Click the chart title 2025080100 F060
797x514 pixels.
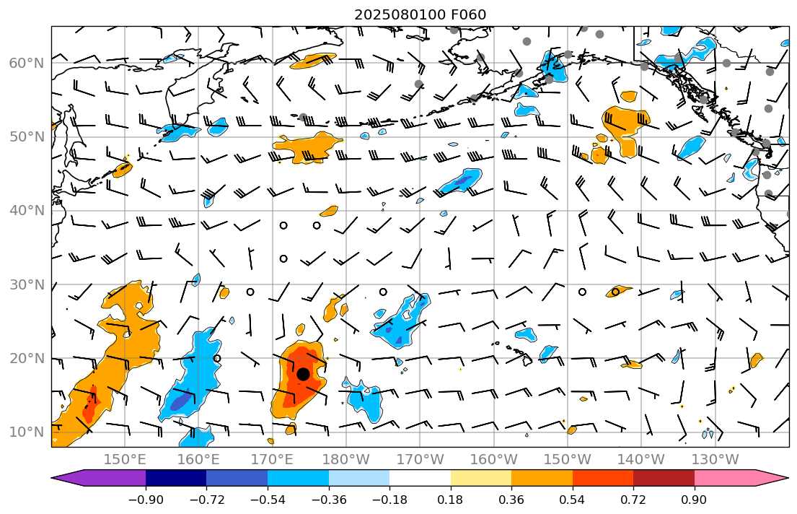[x=420, y=15]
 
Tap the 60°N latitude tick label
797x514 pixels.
[x=27, y=64]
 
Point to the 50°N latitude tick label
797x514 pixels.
[x=27, y=137]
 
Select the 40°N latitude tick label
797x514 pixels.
[x=27, y=211]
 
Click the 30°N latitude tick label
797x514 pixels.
[x=27, y=284]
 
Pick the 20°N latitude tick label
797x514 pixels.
[x=27, y=358]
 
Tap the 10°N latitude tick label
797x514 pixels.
[x=27, y=432]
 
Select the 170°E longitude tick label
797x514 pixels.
[x=272, y=459]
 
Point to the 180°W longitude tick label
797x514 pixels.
[x=346, y=459]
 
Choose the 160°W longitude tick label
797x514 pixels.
[x=493, y=459]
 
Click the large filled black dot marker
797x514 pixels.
[x=303, y=374]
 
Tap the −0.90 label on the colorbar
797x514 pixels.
[x=146, y=500]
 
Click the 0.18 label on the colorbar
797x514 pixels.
[x=451, y=500]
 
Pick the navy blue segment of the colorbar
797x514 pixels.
[x=176, y=478]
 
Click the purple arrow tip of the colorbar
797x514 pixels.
[x=69, y=478]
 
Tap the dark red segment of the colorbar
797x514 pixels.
[x=664, y=478]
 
